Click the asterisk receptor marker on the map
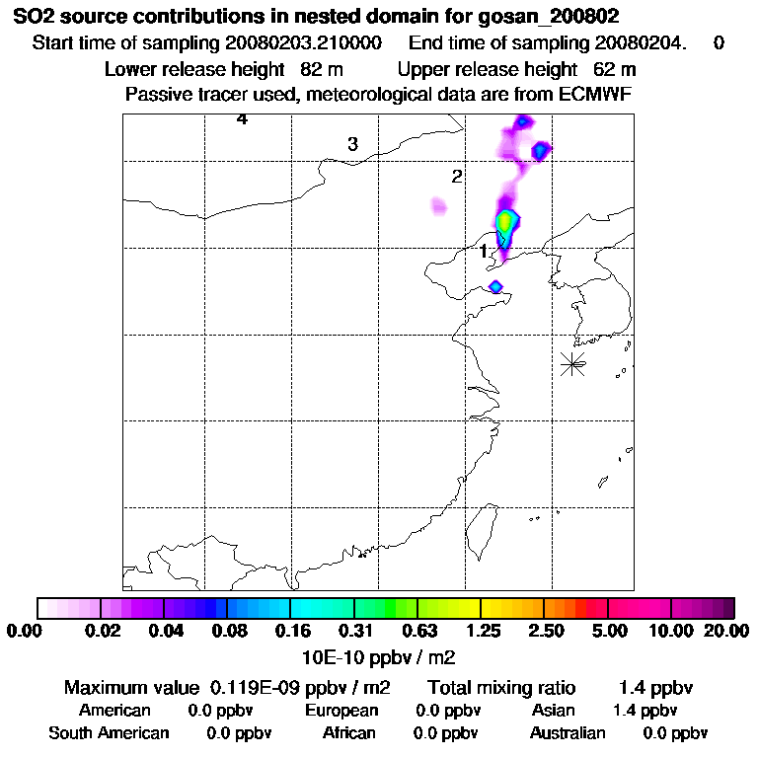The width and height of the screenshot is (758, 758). [572, 363]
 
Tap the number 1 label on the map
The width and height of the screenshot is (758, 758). [484, 252]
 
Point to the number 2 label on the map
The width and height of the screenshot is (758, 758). [457, 177]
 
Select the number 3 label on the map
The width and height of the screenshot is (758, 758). [352, 145]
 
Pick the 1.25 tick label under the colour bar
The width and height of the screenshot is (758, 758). [481, 631]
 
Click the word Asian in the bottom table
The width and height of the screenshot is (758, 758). [553, 711]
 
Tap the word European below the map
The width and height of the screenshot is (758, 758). [341, 711]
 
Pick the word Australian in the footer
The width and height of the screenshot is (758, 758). [568, 733]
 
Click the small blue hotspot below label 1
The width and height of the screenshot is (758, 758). [495, 287]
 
